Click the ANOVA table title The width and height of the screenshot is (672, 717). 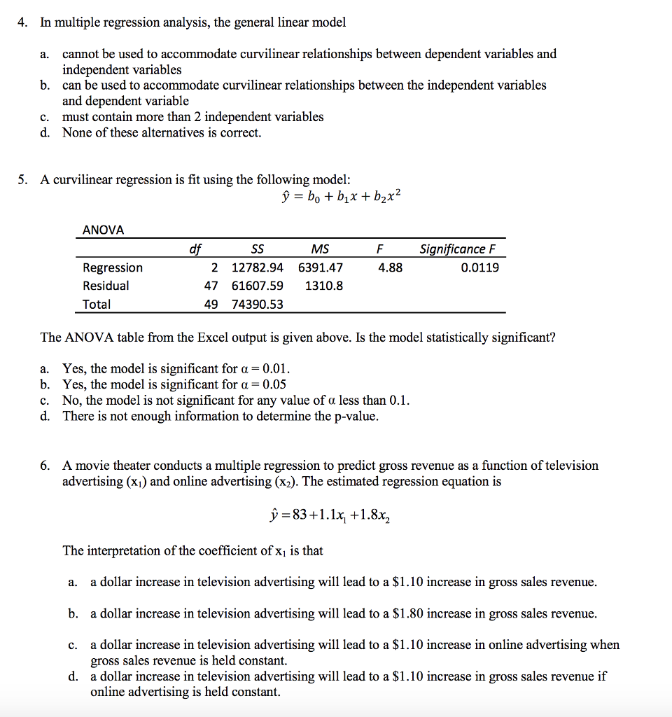103,230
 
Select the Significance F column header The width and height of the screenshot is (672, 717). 452,249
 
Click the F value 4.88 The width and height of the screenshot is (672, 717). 390,267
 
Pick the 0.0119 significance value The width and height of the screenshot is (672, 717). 480,267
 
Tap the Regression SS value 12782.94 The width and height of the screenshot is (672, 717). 258,267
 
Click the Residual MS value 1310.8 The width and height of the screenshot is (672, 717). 324,286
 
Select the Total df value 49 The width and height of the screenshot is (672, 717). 211,305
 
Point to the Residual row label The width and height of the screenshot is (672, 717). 106,286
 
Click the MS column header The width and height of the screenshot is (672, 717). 320,249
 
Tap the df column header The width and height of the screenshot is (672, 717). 195,249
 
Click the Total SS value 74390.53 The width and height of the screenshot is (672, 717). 258,305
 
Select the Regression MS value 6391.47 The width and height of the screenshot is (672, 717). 321,267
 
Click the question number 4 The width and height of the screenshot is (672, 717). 22,22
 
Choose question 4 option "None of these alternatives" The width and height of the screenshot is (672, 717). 161,132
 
